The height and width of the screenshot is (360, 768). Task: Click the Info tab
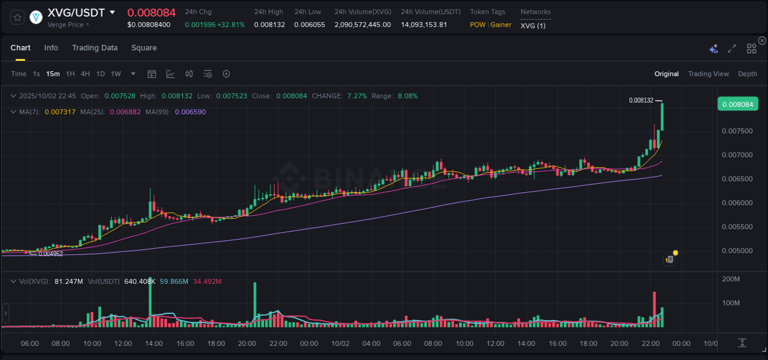pyautogui.click(x=51, y=48)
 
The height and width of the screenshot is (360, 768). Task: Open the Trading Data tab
pyautogui.click(x=95, y=48)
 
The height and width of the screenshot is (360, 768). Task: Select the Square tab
pyautogui.click(x=144, y=48)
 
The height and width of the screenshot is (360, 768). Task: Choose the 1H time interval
pyautogui.click(x=70, y=74)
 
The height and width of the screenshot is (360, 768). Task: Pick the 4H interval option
pyautogui.click(x=85, y=74)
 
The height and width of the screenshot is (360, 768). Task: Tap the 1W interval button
pyautogui.click(x=116, y=74)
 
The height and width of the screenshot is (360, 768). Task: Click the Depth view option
pyautogui.click(x=747, y=74)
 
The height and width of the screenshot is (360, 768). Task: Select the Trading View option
pyautogui.click(x=708, y=74)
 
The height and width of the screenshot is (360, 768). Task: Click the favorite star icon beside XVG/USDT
pyautogui.click(x=17, y=17)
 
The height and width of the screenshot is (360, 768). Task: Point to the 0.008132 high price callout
pyautogui.click(x=641, y=100)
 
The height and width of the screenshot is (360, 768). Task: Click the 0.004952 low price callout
pyautogui.click(x=50, y=254)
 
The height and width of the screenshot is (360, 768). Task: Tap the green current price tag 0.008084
pyautogui.click(x=737, y=104)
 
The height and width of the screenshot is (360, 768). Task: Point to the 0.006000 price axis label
pyautogui.click(x=737, y=203)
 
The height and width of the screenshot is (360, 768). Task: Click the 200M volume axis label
pyautogui.click(x=731, y=279)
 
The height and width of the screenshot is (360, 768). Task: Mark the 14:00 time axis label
pyautogui.click(x=154, y=343)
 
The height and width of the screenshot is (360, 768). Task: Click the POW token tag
pyautogui.click(x=477, y=25)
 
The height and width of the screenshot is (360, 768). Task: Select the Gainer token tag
pyautogui.click(x=501, y=25)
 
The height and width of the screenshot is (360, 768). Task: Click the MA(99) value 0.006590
pyautogui.click(x=190, y=112)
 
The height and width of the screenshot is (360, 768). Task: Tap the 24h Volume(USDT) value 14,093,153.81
pyautogui.click(x=424, y=25)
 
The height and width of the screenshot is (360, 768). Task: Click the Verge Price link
pyautogui.click(x=68, y=25)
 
